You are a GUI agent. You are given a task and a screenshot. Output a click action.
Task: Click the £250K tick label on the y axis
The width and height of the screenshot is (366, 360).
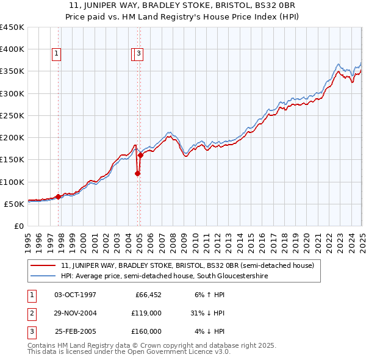tap(12, 116)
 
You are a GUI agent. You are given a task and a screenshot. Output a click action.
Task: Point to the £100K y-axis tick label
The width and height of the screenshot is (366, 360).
tap(12, 182)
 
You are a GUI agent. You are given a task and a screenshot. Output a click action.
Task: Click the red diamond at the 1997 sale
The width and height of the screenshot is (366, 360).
tap(59, 196)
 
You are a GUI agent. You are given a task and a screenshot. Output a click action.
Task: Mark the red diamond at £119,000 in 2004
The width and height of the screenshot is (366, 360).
tap(138, 173)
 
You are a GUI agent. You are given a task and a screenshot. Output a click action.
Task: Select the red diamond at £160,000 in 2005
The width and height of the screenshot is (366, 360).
tap(140, 155)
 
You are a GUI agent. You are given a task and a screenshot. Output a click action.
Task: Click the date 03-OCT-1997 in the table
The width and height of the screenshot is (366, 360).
tap(76, 295)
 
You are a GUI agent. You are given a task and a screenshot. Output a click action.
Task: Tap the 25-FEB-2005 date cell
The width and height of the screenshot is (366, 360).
tap(76, 331)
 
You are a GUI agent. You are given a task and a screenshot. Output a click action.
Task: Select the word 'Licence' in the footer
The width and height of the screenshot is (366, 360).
tap(181, 353)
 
